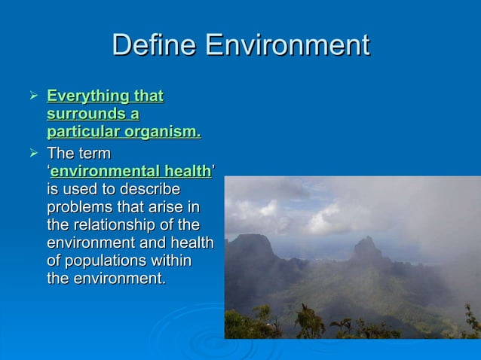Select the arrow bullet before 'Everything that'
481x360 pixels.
32,96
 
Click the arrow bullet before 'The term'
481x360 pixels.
32,154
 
